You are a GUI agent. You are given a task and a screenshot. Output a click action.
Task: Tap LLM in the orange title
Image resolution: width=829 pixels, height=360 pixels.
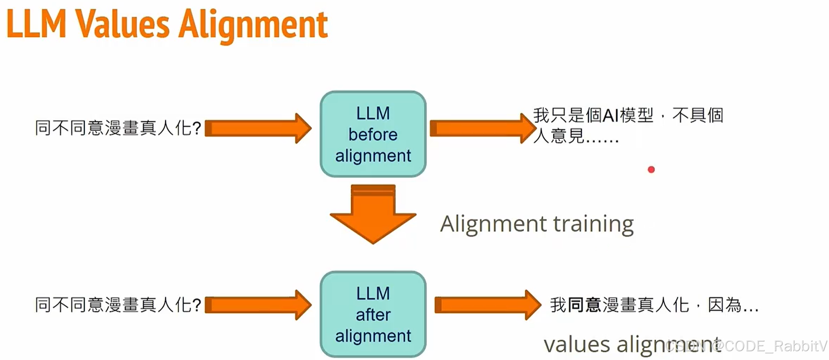tap(37, 25)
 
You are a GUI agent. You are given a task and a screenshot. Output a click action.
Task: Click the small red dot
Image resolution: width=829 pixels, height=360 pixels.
tap(651, 169)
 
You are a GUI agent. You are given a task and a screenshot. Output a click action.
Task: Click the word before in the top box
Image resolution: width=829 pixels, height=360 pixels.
tap(373, 135)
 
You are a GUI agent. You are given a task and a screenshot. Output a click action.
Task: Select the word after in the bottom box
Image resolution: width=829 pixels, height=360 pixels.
tap(373, 315)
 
